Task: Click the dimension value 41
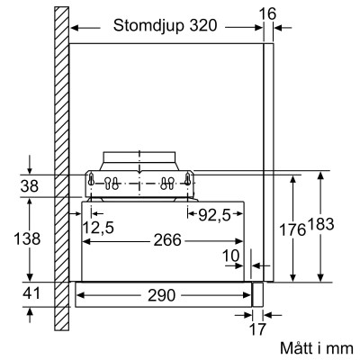click(x=31, y=293)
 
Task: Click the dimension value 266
click(x=166, y=240)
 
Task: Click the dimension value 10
click(x=232, y=256)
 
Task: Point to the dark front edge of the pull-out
click(x=256, y=293)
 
